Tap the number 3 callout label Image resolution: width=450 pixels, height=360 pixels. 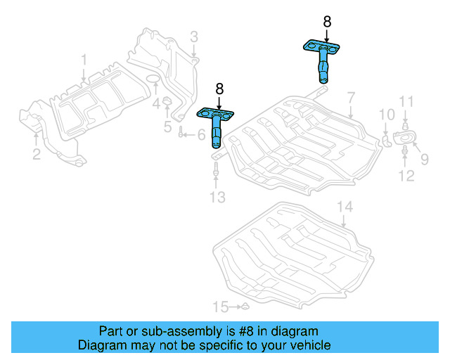(193, 37)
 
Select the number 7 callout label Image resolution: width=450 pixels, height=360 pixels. (350, 96)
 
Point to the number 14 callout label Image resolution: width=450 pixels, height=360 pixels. (343, 207)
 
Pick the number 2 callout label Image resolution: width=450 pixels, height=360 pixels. (35, 154)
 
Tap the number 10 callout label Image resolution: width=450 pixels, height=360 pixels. (387, 115)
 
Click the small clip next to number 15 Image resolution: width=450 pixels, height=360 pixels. (240, 307)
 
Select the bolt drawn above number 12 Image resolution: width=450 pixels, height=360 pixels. (406, 150)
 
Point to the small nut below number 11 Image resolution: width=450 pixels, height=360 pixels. (406, 125)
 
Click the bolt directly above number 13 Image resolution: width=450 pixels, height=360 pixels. (217, 169)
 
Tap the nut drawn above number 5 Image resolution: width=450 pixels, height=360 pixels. (168, 105)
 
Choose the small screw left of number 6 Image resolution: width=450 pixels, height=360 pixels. (181, 134)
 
